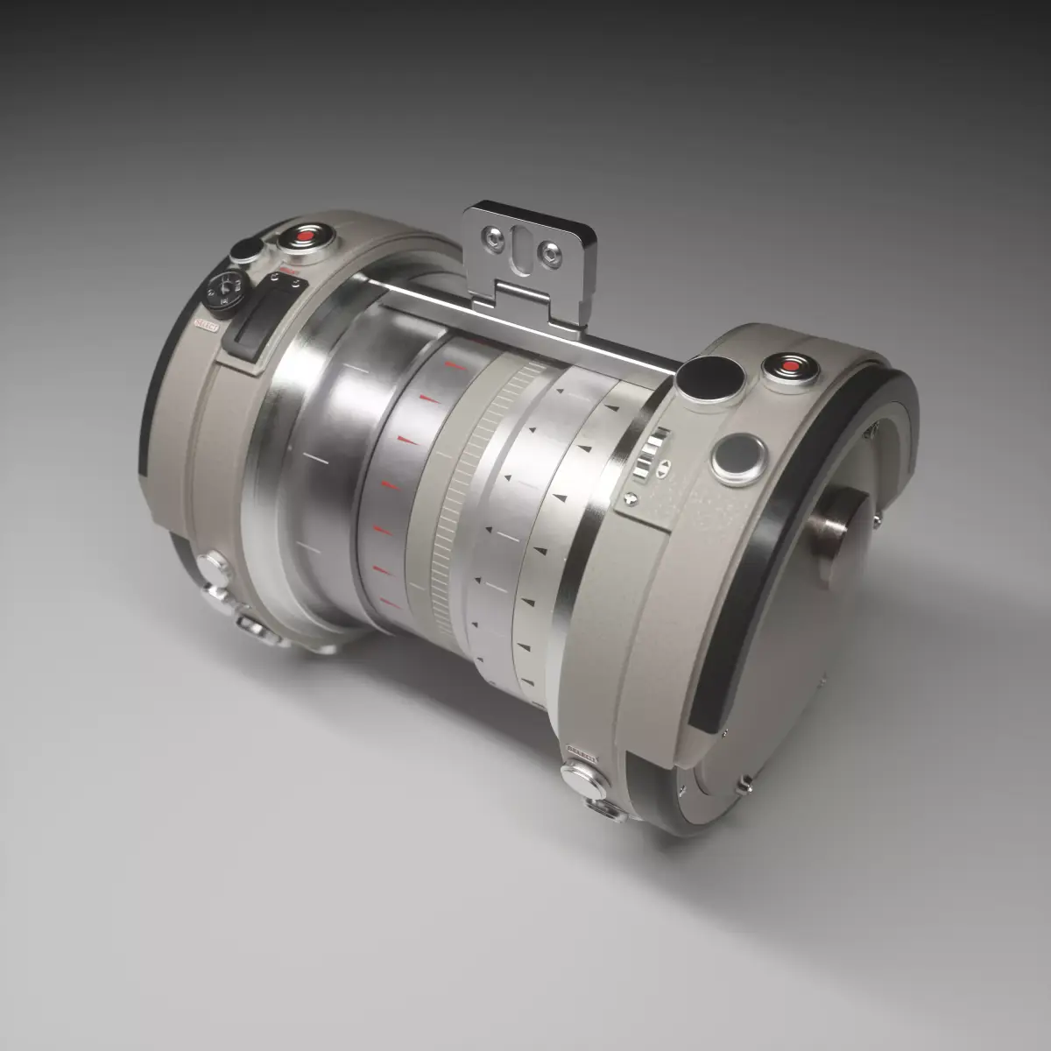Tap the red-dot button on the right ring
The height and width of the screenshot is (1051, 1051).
pyautogui.click(x=791, y=364)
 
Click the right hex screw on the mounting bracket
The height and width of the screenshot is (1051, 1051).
pyautogui.click(x=550, y=251)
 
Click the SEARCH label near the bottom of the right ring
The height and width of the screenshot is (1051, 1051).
pyautogui.click(x=582, y=751)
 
